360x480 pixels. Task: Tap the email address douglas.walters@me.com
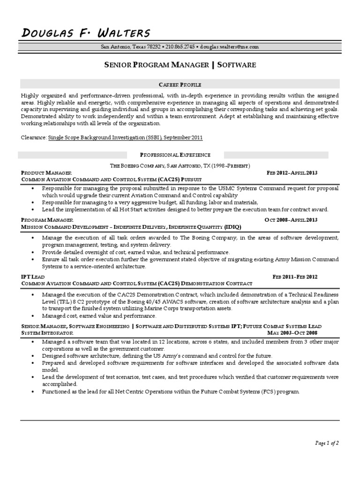[x=229, y=47]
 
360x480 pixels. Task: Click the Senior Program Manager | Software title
[x=180, y=65]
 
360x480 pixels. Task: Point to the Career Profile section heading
[x=180, y=84]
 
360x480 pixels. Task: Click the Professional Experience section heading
[x=175, y=155]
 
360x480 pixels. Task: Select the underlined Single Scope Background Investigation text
[x=126, y=138]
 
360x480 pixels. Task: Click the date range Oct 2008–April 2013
[x=291, y=219]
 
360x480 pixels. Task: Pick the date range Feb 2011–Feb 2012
[x=295, y=277]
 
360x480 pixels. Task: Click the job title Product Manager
[x=46, y=172]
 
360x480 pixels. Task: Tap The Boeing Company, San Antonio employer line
[x=180, y=166]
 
